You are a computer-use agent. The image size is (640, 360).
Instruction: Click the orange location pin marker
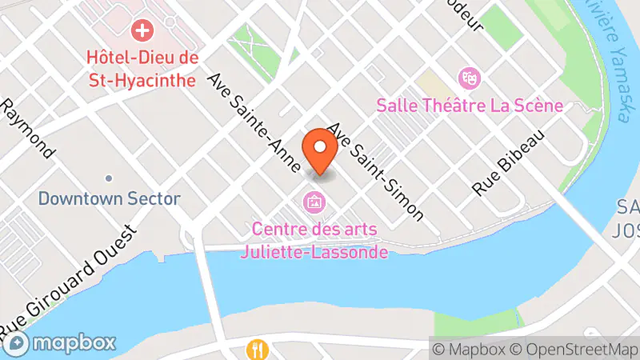point(320,150)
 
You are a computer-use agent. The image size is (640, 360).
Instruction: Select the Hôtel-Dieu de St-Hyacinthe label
point(144,69)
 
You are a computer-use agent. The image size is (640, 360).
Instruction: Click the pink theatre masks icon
point(468,78)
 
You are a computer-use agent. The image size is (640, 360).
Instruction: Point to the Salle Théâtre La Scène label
point(470,106)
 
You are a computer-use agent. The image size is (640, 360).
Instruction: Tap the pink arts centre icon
point(314,202)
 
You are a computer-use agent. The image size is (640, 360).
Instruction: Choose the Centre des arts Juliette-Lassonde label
point(314,241)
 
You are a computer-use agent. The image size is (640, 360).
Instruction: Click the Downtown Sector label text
point(109,198)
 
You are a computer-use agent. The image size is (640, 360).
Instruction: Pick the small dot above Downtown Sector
point(109,178)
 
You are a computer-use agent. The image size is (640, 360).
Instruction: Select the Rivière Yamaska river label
point(611,60)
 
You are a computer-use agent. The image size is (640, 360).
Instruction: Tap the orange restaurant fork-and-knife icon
point(257,350)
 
